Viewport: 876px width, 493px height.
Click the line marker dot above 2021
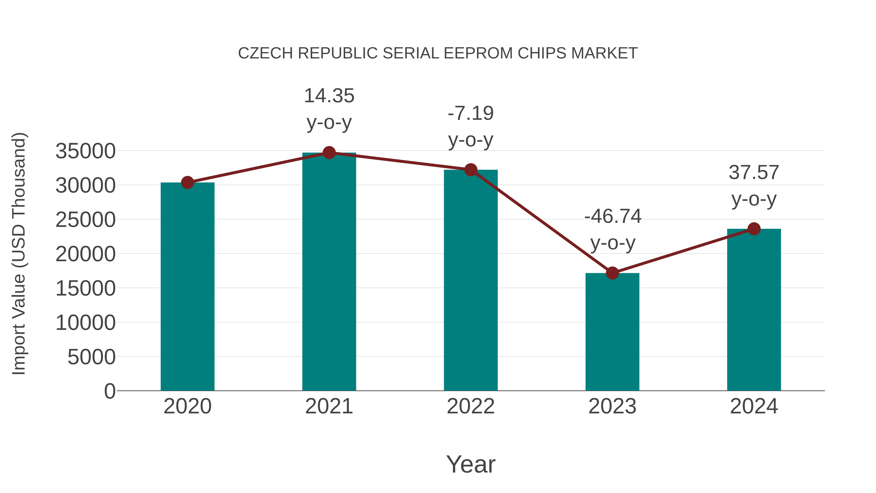329,153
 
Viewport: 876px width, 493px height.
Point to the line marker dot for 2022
471,169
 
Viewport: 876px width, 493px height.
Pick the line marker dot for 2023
612,273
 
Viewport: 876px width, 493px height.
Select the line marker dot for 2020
187,183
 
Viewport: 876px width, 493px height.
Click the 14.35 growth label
329,96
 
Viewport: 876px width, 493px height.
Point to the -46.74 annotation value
612,216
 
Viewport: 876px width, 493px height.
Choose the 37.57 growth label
754,173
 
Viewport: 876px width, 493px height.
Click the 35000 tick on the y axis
85,151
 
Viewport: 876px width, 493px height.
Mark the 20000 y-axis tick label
85,254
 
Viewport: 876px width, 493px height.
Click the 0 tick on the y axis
109,391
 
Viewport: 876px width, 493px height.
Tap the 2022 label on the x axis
471,406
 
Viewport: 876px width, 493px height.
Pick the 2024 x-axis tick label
754,406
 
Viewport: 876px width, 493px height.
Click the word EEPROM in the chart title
478,53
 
